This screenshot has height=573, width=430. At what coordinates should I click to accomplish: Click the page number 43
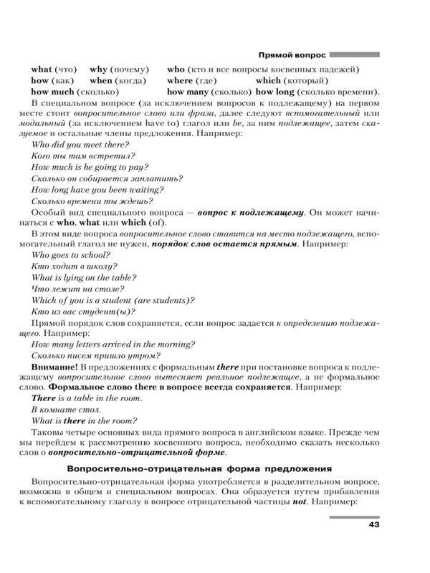pos(373,525)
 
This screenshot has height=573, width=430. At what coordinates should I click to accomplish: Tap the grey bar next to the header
pos(354,54)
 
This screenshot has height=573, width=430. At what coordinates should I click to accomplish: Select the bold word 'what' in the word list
pos(41,69)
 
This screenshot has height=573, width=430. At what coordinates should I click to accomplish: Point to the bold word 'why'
pos(98,69)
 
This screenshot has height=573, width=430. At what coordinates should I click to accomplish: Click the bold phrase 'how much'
pos(52,92)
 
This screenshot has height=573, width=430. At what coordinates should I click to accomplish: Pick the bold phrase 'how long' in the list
pos(275,92)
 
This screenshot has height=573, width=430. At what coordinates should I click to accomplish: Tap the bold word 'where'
pos(180,81)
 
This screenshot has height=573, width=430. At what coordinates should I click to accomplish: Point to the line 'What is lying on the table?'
pos(85,277)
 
